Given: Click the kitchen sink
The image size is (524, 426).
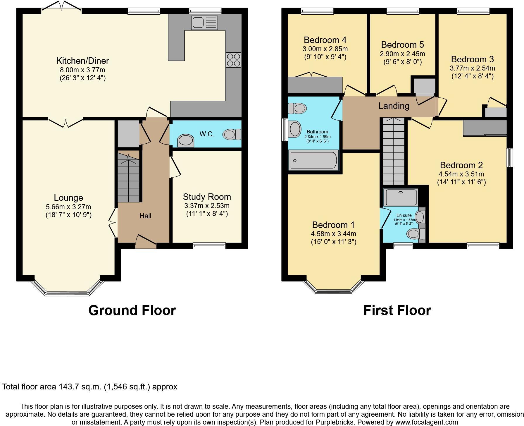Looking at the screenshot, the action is pyautogui.click(x=204, y=23).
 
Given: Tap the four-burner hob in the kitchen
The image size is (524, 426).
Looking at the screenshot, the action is pyautogui.click(x=233, y=60).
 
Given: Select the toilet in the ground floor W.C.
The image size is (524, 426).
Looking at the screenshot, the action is pyautogui.click(x=232, y=134).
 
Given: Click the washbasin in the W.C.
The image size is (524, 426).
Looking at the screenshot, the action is pyautogui.click(x=186, y=140).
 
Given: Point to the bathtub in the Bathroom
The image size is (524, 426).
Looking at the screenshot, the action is pyautogui.click(x=313, y=160).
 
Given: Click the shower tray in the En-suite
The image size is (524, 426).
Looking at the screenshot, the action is pyautogui.click(x=401, y=197).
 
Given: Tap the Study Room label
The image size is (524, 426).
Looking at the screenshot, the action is pyautogui.click(x=207, y=197).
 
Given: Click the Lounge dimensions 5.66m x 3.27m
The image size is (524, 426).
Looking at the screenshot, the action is pyautogui.click(x=68, y=207).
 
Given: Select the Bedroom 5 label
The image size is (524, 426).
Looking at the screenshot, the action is pyautogui.click(x=402, y=45).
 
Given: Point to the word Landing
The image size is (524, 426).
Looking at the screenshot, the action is pyautogui.click(x=394, y=106).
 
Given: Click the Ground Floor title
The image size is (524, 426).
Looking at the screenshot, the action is pyautogui.click(x=132, y=310).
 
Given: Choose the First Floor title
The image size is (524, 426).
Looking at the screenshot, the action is pyautogui.click(x=397, y=310).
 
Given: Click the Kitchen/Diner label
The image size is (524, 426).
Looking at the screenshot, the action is pyautogui.click(x=82, y=61).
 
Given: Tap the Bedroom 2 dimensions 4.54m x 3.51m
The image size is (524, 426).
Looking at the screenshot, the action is pyautogui.click(x=461, y=174).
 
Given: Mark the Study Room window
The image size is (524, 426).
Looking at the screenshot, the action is pyautogui.click(x=209, y=245).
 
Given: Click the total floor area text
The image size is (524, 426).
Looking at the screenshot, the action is pyautogui.click(x=89, y=387).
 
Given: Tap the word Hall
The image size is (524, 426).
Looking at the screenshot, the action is pyautogui.click(x=145, y=216).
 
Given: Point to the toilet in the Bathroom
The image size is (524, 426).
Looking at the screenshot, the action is pyautogui.click(x=297, y=108).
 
